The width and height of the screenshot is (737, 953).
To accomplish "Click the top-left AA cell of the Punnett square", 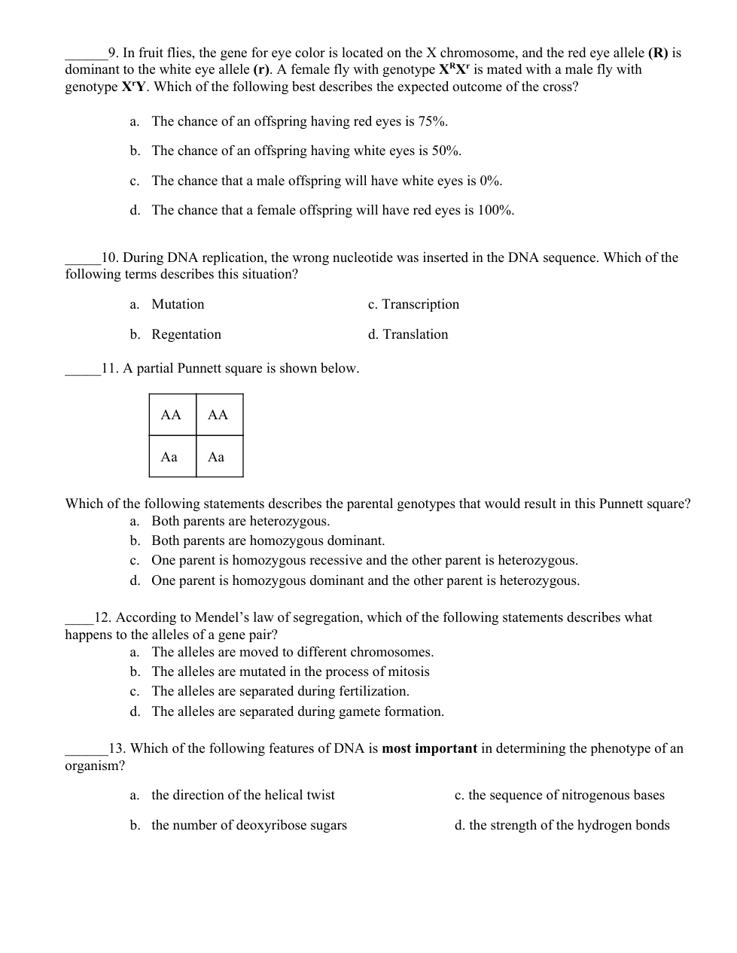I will tap(172, 415).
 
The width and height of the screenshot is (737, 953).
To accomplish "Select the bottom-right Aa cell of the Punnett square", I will tap(217, 457).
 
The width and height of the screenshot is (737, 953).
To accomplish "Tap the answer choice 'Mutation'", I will tap(178, 304).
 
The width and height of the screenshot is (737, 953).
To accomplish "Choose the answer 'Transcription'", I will tap(420, 304).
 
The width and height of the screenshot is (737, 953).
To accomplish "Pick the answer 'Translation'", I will tap(415, 334).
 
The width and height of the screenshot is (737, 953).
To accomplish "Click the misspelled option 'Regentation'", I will tap(186, 334).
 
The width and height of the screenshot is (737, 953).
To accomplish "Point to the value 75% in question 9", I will tap(433, 121).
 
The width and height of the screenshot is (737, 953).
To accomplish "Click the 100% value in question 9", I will tap(495, 210).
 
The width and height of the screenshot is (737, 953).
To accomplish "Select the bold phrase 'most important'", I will tap(429, 748).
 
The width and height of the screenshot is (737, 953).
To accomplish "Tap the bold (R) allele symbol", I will tap(658, 53).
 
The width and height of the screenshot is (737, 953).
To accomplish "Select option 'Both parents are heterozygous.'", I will tap(240, 521).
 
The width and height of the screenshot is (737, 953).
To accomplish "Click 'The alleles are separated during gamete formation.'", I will tap(297, 711).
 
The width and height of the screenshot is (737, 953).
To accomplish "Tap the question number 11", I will tap(110, 368).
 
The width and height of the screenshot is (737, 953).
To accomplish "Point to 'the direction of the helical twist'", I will tap(242, 795).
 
